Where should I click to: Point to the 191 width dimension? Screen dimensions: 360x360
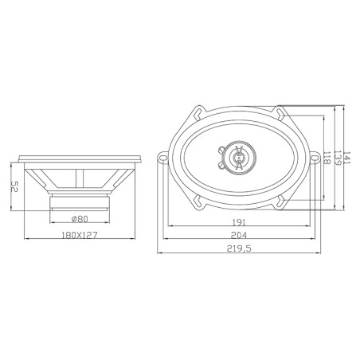point(239,222)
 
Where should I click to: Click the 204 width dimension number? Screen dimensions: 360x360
point(239,236)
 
